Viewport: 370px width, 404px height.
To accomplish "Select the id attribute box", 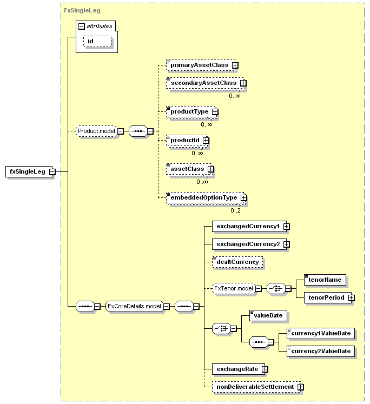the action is [97, 41].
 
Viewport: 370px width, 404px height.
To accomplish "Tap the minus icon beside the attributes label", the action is [82, 27].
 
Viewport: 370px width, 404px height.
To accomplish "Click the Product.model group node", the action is [96, 131].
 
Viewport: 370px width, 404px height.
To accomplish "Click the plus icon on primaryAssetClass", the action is [235, 65].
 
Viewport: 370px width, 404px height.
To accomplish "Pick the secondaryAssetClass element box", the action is [206, 83].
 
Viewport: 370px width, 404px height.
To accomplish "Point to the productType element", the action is [191, 111].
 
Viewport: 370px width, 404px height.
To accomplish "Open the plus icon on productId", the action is [206, 141].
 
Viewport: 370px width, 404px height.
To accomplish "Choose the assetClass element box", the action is [189, 169].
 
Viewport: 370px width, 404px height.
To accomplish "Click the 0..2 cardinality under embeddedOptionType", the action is [235, 210].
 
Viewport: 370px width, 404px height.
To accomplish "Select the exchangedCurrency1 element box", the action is [249, 226].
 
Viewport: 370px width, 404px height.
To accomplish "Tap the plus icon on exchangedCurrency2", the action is [287, 244].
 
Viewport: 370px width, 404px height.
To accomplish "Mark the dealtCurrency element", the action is [237, 262].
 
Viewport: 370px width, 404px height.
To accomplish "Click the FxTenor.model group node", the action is [234, 289].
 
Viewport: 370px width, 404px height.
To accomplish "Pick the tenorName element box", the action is [325, 280].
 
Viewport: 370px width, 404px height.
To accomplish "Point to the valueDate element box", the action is [268, 315].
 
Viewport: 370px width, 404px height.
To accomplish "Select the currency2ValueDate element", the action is [321, 351].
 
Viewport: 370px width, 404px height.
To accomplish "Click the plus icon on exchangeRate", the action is [265, 369].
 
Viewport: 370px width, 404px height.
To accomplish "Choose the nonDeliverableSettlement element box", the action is [256, 387].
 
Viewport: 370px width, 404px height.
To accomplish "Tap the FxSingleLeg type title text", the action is [82, 11].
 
